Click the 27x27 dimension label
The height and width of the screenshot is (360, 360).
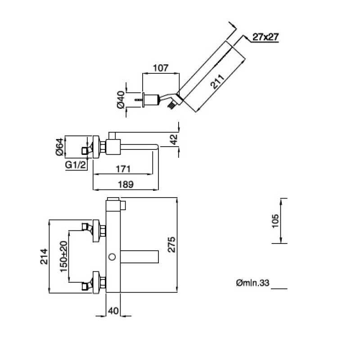[264, 38]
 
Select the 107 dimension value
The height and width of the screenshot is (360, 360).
[160, 68]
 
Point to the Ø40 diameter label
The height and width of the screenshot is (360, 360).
[120, 99]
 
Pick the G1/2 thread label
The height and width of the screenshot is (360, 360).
[75, 165]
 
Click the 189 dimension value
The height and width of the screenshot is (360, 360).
[126, 184]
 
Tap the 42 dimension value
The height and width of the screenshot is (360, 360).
[174, 140]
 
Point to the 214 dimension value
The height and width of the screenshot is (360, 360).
[44, 256]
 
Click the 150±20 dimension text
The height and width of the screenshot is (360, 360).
[63, 256]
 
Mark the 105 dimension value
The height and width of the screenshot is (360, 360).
[276, 221]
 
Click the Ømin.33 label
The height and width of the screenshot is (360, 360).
[252, 283]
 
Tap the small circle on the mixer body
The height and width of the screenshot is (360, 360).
[112, 257]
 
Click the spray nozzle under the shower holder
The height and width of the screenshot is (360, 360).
[171, 105]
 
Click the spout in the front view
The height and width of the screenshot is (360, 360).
[142, 257]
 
